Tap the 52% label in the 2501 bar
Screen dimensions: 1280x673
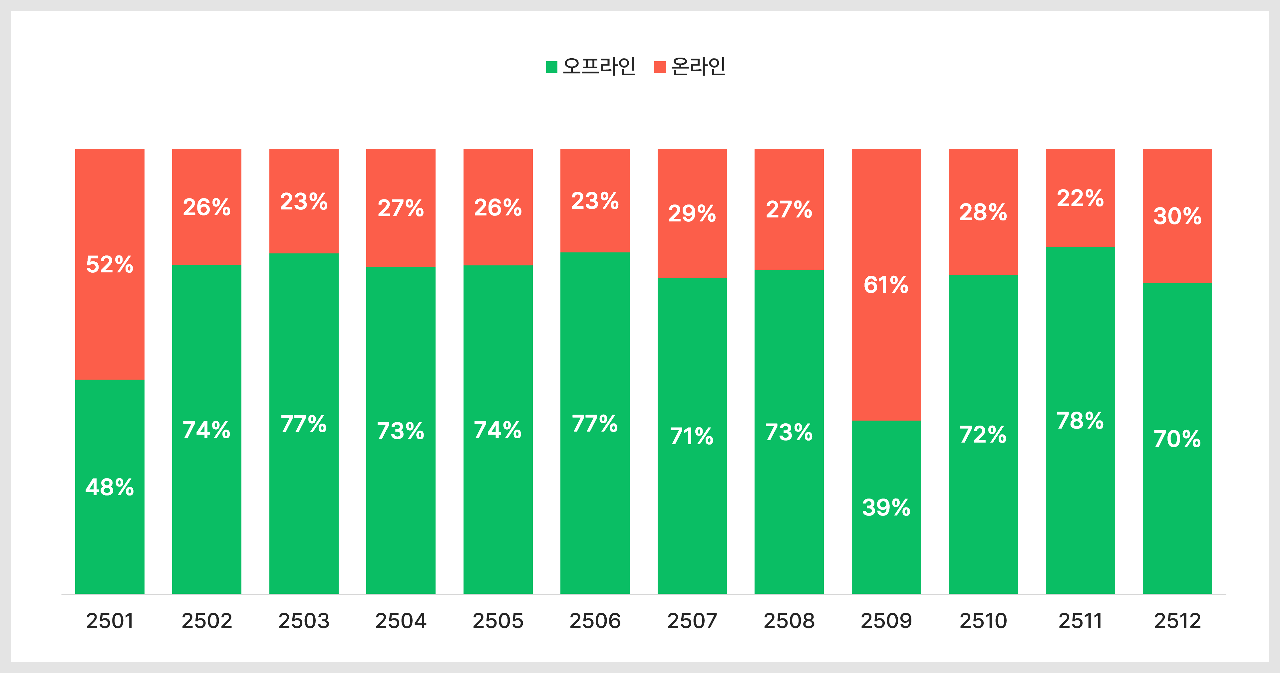[x=110, y=264]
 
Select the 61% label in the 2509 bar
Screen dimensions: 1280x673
[x=886, y=285]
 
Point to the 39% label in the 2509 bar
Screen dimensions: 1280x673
[x=886, y=507]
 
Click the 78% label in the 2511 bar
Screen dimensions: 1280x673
[x=1080, y=421]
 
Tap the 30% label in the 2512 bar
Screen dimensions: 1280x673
[x=1177, y=216]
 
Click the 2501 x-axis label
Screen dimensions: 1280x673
[x=110, y=621]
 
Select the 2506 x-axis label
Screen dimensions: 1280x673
[x=595, y=621]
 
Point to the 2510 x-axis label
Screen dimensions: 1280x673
[x=983, y=621]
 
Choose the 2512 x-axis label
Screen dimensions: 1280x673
[x=1177, y=621]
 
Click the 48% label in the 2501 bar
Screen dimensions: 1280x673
[x=110, y=487]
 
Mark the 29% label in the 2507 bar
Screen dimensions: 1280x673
[x=692, y=214]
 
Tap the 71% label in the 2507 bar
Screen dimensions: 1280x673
[x=692, y=437]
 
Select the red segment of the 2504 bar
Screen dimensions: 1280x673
[x=401, y=208]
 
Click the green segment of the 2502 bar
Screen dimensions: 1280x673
[x=207, y=430]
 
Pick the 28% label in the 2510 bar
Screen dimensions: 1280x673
[x=983, y=212]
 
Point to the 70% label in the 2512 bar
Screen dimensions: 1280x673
[x=1177, y=439]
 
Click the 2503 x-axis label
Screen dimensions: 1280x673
[x=304, y=621]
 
